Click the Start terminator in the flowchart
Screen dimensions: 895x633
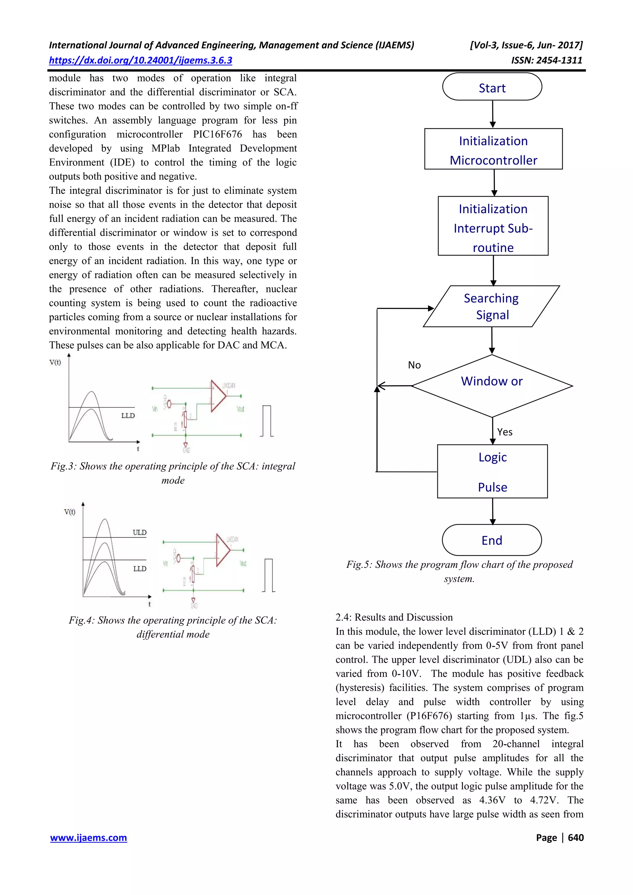point(492,87)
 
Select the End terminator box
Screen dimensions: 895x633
point(491,540)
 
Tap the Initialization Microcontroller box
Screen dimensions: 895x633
point(493,149)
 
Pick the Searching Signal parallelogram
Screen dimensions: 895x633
point(491,306)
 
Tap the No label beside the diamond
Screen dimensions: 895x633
point(414,365)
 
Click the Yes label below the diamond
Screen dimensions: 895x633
point(505,432)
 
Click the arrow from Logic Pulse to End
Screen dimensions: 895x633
point(493,511)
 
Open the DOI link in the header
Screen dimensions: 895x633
point(140,61)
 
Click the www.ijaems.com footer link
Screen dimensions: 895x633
point(88,838)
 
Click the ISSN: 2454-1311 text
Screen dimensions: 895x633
point(546,61)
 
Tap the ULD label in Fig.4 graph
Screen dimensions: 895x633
point(139,533)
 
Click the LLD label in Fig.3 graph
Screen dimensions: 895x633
point(128,416)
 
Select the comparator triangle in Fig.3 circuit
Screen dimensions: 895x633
point(218,396)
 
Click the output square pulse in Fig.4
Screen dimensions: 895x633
point(268,575)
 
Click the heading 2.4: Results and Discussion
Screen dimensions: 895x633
point(394,617)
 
